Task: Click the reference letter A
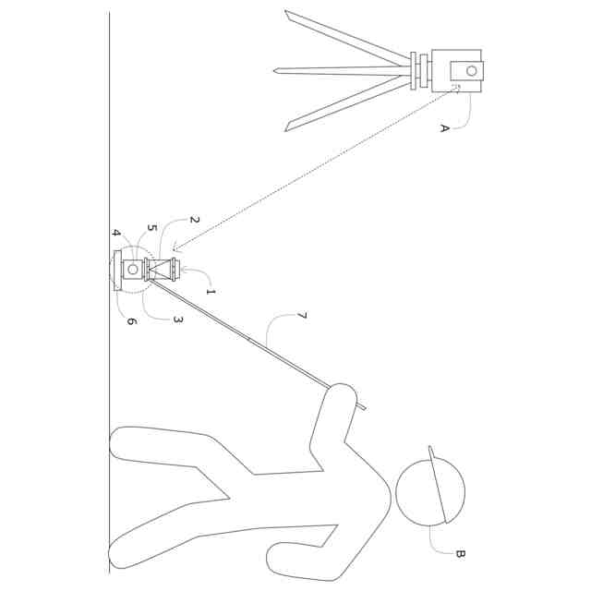[x=444, y=128]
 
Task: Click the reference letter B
[x=460, y=554]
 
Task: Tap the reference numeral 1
[x=211, y=292]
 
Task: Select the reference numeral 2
[x=194, y=220]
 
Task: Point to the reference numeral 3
[x=178, y=320]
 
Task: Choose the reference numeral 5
[x=151, y=227]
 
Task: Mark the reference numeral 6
[x=131, y=321]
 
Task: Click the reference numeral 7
[x=301, y=317]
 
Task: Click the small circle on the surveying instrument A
[x=472, y=70]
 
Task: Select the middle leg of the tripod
[x=342, y=69]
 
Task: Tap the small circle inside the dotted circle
[x=133, y=269]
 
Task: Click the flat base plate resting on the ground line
[x=117, y=270]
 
